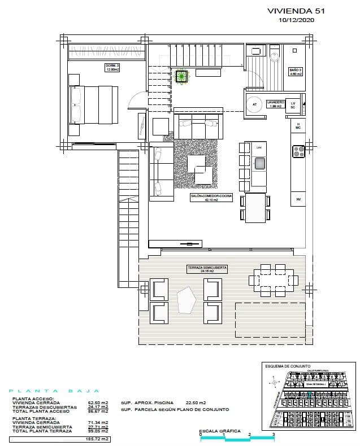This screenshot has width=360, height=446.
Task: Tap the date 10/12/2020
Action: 296,20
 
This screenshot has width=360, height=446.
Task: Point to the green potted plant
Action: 182,76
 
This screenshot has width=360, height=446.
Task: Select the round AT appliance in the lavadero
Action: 255,104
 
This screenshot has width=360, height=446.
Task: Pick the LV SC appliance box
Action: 293,104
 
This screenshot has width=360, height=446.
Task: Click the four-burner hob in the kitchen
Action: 298,151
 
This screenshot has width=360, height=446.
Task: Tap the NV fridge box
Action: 298,199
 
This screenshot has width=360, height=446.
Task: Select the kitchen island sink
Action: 259,164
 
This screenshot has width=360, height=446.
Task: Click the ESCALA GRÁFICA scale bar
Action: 237,439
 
